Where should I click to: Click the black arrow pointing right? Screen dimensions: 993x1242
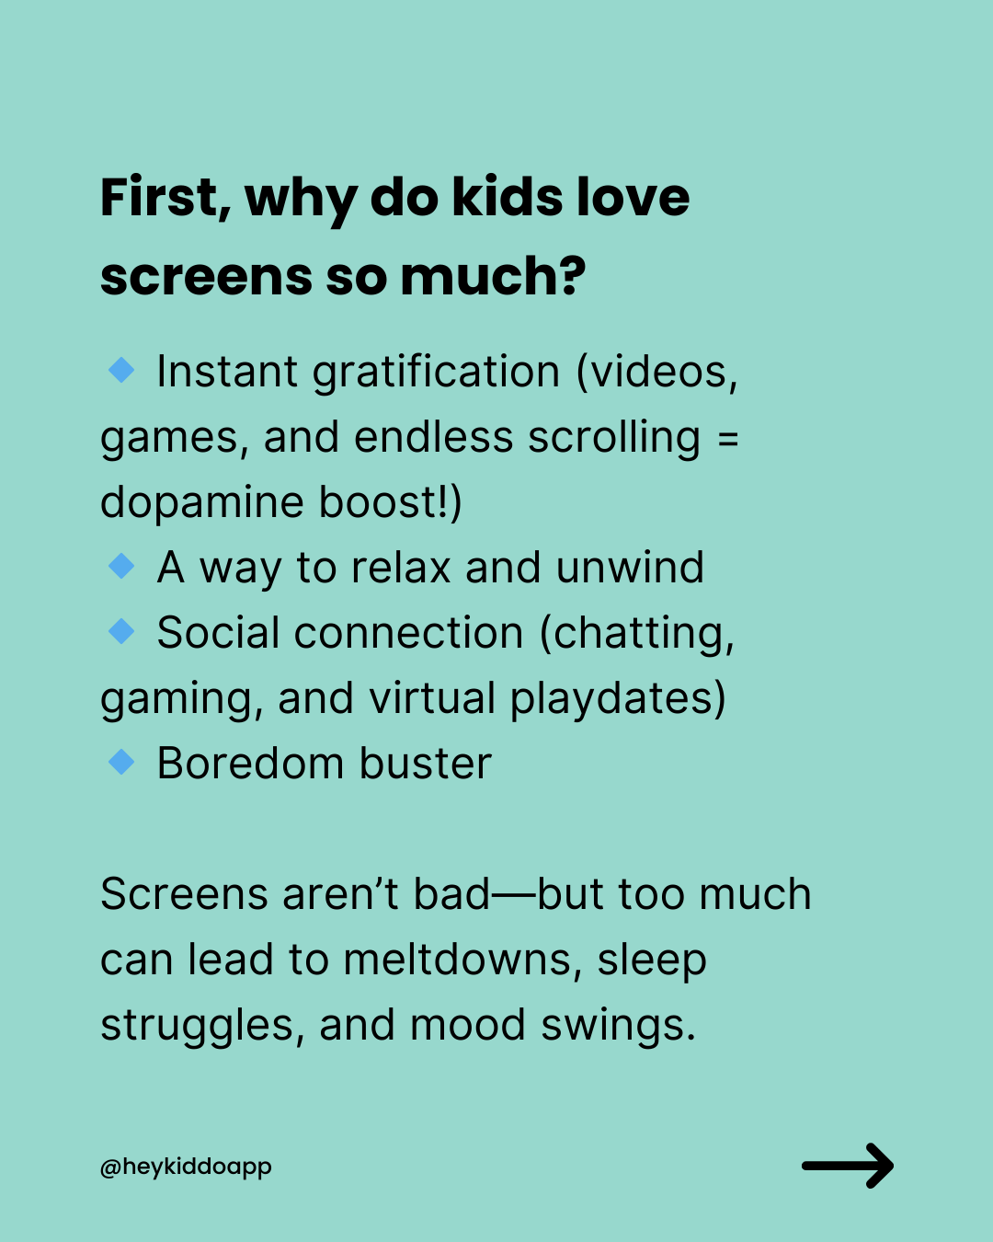tap(848, 1166)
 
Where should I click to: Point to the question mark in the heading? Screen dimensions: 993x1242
tap(573, 275)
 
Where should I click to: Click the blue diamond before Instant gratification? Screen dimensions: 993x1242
tap(121, 370)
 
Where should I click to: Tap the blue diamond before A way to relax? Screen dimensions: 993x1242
tap(121, 566)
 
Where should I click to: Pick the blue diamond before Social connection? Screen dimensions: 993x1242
tap(121, 631)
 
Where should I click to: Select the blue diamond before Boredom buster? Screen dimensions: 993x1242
tap(121, 763)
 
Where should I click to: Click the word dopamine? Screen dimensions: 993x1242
tap(202, 502)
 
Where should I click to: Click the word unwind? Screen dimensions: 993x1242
tap(630, 568)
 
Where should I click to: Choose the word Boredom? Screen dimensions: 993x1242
tap(251, 764)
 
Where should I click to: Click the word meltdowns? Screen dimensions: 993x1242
tap(462, 960)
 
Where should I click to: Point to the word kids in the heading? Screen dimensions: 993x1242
tap(508, 198)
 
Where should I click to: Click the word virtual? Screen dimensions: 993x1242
tap(431, 698)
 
